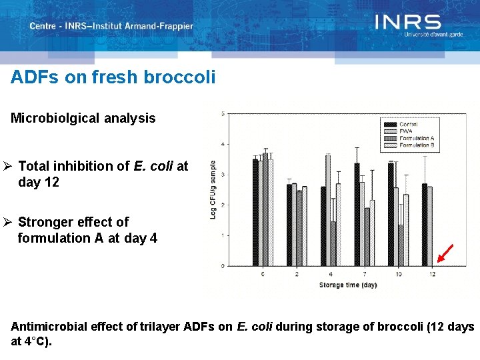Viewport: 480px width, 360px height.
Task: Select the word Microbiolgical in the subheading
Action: click(56, 119)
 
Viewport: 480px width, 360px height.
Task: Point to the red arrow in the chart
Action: click(445, 253)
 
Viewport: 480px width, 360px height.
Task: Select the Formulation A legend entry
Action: click(416, 138)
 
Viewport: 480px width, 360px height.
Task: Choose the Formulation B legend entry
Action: click(416, 145)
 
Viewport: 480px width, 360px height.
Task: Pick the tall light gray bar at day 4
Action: click(328, 210)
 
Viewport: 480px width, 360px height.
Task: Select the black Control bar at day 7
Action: click(357, 214)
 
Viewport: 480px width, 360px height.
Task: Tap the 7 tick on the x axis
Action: click(363, 274)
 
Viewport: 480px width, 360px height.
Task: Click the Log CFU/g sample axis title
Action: click(213, 189)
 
